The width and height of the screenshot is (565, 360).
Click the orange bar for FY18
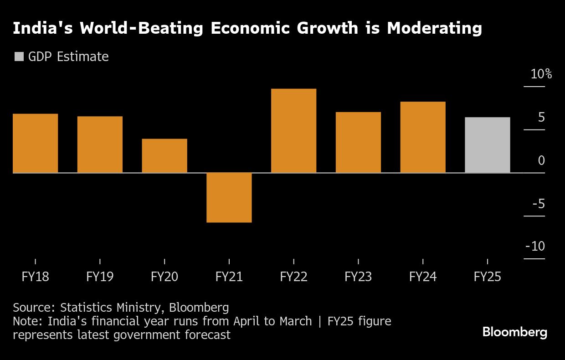(x=35, y=143)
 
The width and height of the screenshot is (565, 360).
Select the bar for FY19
(x=100, y=144)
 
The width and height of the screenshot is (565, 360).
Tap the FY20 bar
(x=164, y=155)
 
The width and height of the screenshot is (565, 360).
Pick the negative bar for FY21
(x=229, y=197)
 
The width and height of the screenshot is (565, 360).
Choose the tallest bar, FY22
(x=293, y=131)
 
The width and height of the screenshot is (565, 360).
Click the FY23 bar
(x=358, y=142)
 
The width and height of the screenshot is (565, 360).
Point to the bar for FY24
(x=423, y=137)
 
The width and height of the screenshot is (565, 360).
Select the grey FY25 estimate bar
(x=488, y=145)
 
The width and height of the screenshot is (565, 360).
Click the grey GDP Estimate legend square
(x=19, y=57)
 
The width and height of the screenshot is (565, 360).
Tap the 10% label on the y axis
(x=541, y=74)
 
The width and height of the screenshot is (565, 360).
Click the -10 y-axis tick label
(x=535, y=246)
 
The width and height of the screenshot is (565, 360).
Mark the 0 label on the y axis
(x=541, y=160)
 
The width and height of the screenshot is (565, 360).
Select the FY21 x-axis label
(x=229, y=277)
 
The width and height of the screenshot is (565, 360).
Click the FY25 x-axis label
(x=488, y=277)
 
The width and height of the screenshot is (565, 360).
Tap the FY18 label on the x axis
(x=35, y=277)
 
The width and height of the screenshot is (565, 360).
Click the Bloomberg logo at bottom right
(x=515, y=332)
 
